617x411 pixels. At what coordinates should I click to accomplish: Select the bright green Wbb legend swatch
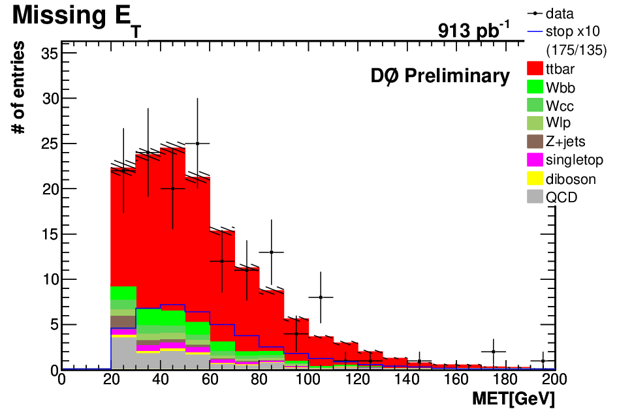[535, 86]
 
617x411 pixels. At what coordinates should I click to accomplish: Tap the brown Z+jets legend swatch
[535, 142]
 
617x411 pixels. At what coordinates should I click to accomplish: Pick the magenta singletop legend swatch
[535, 159]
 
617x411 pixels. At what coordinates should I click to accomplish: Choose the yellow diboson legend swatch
[535, 177]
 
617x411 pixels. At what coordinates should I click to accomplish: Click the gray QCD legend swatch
[535, 196]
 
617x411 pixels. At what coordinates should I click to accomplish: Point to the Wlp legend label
[558, 123]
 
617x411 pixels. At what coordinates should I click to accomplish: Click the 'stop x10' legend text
[573, 31]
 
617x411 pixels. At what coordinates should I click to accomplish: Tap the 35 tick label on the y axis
[50, 53]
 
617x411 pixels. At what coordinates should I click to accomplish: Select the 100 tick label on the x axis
[308, 380]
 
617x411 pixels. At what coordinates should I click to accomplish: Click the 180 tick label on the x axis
[505, 380]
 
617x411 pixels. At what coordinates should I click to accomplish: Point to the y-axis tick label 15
[50, 234]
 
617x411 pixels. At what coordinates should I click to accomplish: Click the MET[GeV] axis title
[513, 399]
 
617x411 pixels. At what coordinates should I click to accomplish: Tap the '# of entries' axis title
[18, 87]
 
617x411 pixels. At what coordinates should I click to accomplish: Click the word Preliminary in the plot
[457, 76]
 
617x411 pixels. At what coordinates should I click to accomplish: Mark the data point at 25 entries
[197, 144]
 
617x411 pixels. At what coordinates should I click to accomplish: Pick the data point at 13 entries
[271, 252]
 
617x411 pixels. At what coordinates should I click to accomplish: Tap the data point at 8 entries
[321, 297]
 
